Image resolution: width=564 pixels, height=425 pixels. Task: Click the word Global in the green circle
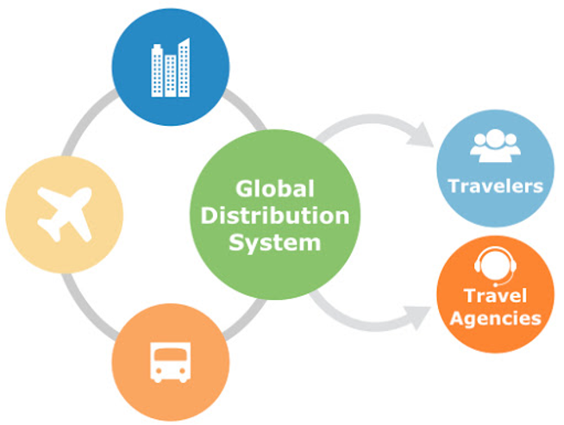[x=275, y=188]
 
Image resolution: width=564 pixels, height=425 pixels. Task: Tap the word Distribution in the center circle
[x=275, y=215]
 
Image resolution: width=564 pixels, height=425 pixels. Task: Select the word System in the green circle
[x=275, y=242]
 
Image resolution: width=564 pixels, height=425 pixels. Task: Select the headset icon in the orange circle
[x=495, y=263]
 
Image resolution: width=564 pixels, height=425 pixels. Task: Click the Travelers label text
[x=495, y=186]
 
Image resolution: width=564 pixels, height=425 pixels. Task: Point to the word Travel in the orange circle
[x=495, y=297]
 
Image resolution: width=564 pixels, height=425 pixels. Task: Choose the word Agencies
[x=495, y=317]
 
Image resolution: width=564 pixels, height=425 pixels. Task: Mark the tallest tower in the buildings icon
[x=185, y=66]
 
